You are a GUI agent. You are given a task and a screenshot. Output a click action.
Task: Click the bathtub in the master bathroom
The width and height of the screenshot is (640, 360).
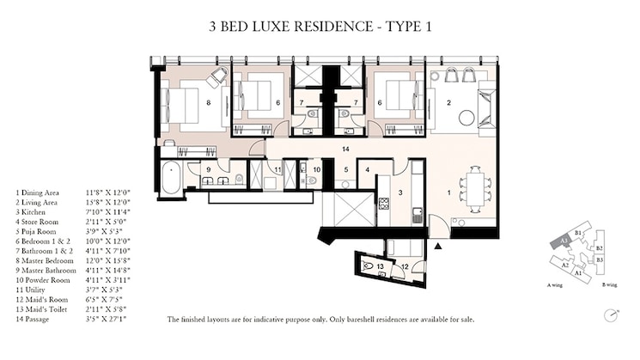tap(171, 177)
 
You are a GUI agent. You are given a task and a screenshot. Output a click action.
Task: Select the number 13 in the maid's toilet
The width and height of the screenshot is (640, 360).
tap(379, 267)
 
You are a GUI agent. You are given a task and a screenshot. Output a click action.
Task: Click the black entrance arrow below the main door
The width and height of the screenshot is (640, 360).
tap(439, 246)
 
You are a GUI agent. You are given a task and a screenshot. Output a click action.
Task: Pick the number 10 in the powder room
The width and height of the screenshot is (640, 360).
tap(316, 170)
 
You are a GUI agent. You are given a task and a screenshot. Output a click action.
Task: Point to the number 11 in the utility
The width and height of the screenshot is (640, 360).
tap(277, 170)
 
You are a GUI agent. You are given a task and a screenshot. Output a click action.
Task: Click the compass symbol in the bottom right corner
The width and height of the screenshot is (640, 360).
tap(610, 314)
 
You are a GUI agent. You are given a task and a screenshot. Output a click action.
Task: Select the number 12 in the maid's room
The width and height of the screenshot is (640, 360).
tap(405, 266)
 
